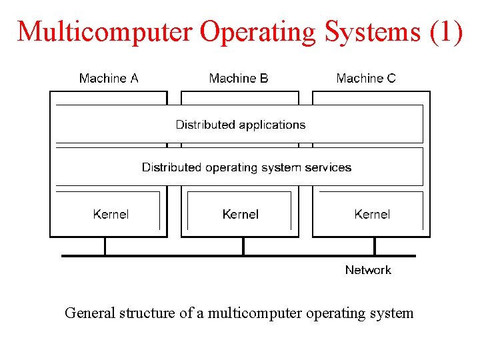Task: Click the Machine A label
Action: coord(109,79)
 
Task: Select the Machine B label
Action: coord(239,79)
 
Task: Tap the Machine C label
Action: coord(366,79)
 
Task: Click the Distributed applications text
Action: coord(241,125)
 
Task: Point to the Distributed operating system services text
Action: coord(247,167)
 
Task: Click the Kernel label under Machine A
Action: coord(111,214)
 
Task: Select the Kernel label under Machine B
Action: coord(241,214)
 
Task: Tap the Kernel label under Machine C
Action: coord(372,214)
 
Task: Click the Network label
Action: coord(368,270)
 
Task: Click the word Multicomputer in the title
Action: coord(105,32)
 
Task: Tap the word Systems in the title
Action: coord(370,32)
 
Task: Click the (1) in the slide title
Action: coord(445,32)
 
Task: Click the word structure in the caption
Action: coord(147,313)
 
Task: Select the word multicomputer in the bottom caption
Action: coord(255,313)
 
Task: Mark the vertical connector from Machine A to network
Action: coord(105,246)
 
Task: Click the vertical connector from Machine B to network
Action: coord(243,246)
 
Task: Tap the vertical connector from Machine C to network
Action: coord(375,246)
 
